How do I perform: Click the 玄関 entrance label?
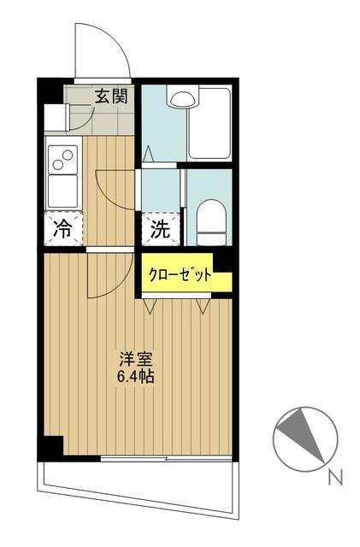[111, 96]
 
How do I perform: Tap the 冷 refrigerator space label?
[62, 228]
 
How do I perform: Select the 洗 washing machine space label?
[159, 228]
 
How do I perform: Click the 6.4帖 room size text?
[136, 376]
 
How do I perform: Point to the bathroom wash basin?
[181, 97]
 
